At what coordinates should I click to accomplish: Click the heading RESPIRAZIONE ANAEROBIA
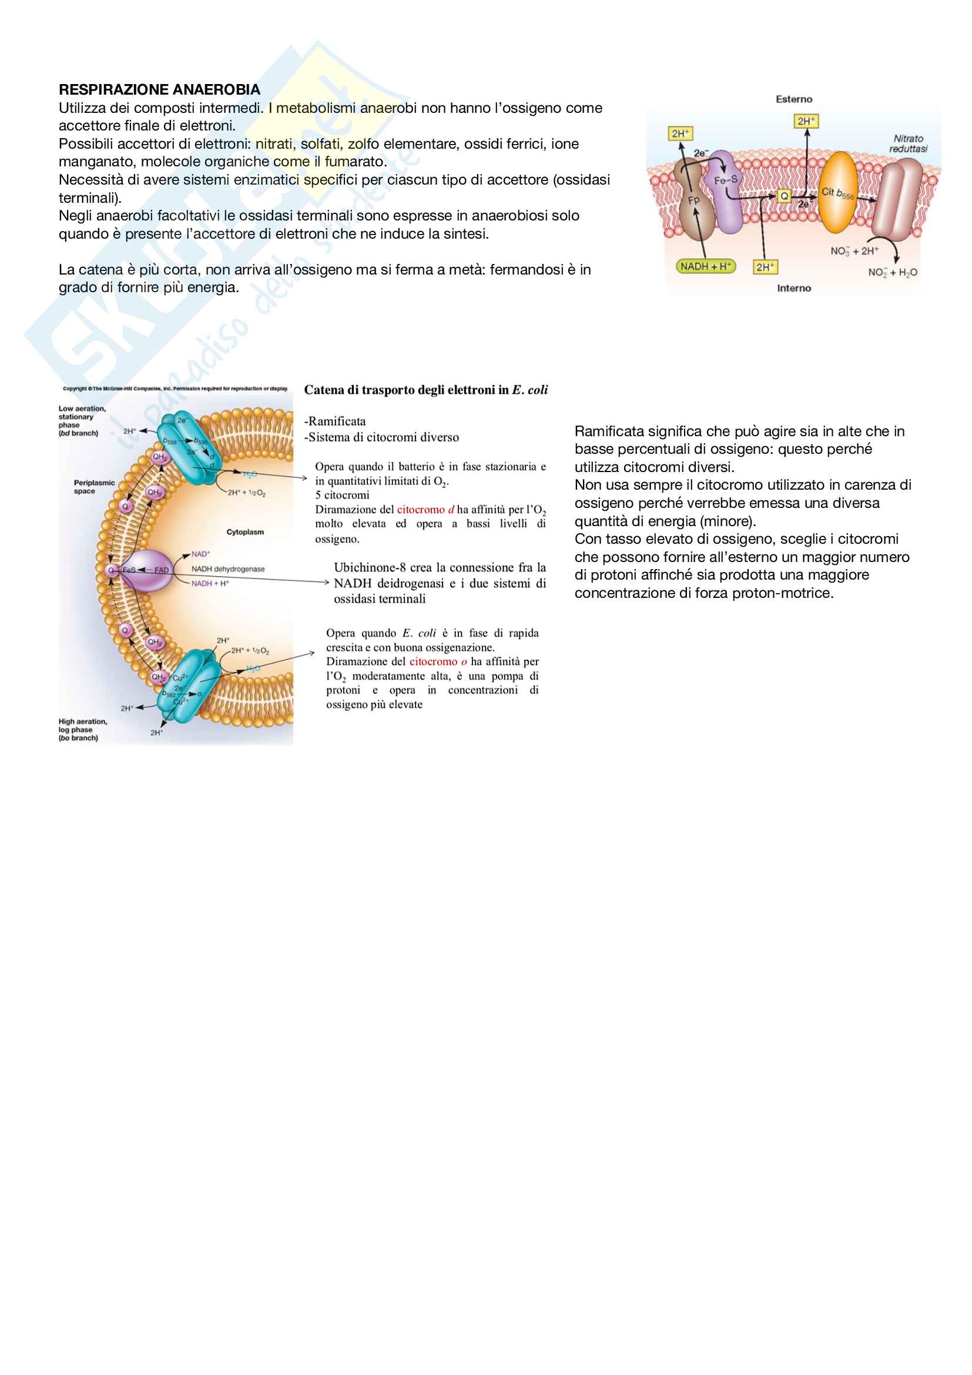pos(159,90)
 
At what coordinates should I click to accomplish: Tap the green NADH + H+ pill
pos(706,266)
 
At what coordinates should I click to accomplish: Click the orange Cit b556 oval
pos(837,192)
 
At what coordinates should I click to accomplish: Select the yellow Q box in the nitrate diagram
pos(784,196)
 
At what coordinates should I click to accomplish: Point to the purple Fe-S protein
pos(728,192)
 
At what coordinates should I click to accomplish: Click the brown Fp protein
pos(694,203)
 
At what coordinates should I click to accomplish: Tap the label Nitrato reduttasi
pos(908,143)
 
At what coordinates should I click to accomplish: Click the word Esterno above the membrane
pos(793,99)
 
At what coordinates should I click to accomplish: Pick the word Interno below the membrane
pos(793,288)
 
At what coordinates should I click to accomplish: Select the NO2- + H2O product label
pos(893,273)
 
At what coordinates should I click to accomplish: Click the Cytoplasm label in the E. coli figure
pos(245,532)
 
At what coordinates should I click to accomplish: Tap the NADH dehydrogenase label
pos(228,569)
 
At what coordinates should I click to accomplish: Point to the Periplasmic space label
pos(94,487)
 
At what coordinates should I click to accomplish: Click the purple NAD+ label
pos(200,554)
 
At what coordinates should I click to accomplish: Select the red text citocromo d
pos(425,510)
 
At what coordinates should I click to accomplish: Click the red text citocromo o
pos(438,662)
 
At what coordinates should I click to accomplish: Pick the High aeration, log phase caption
pos(83,730)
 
